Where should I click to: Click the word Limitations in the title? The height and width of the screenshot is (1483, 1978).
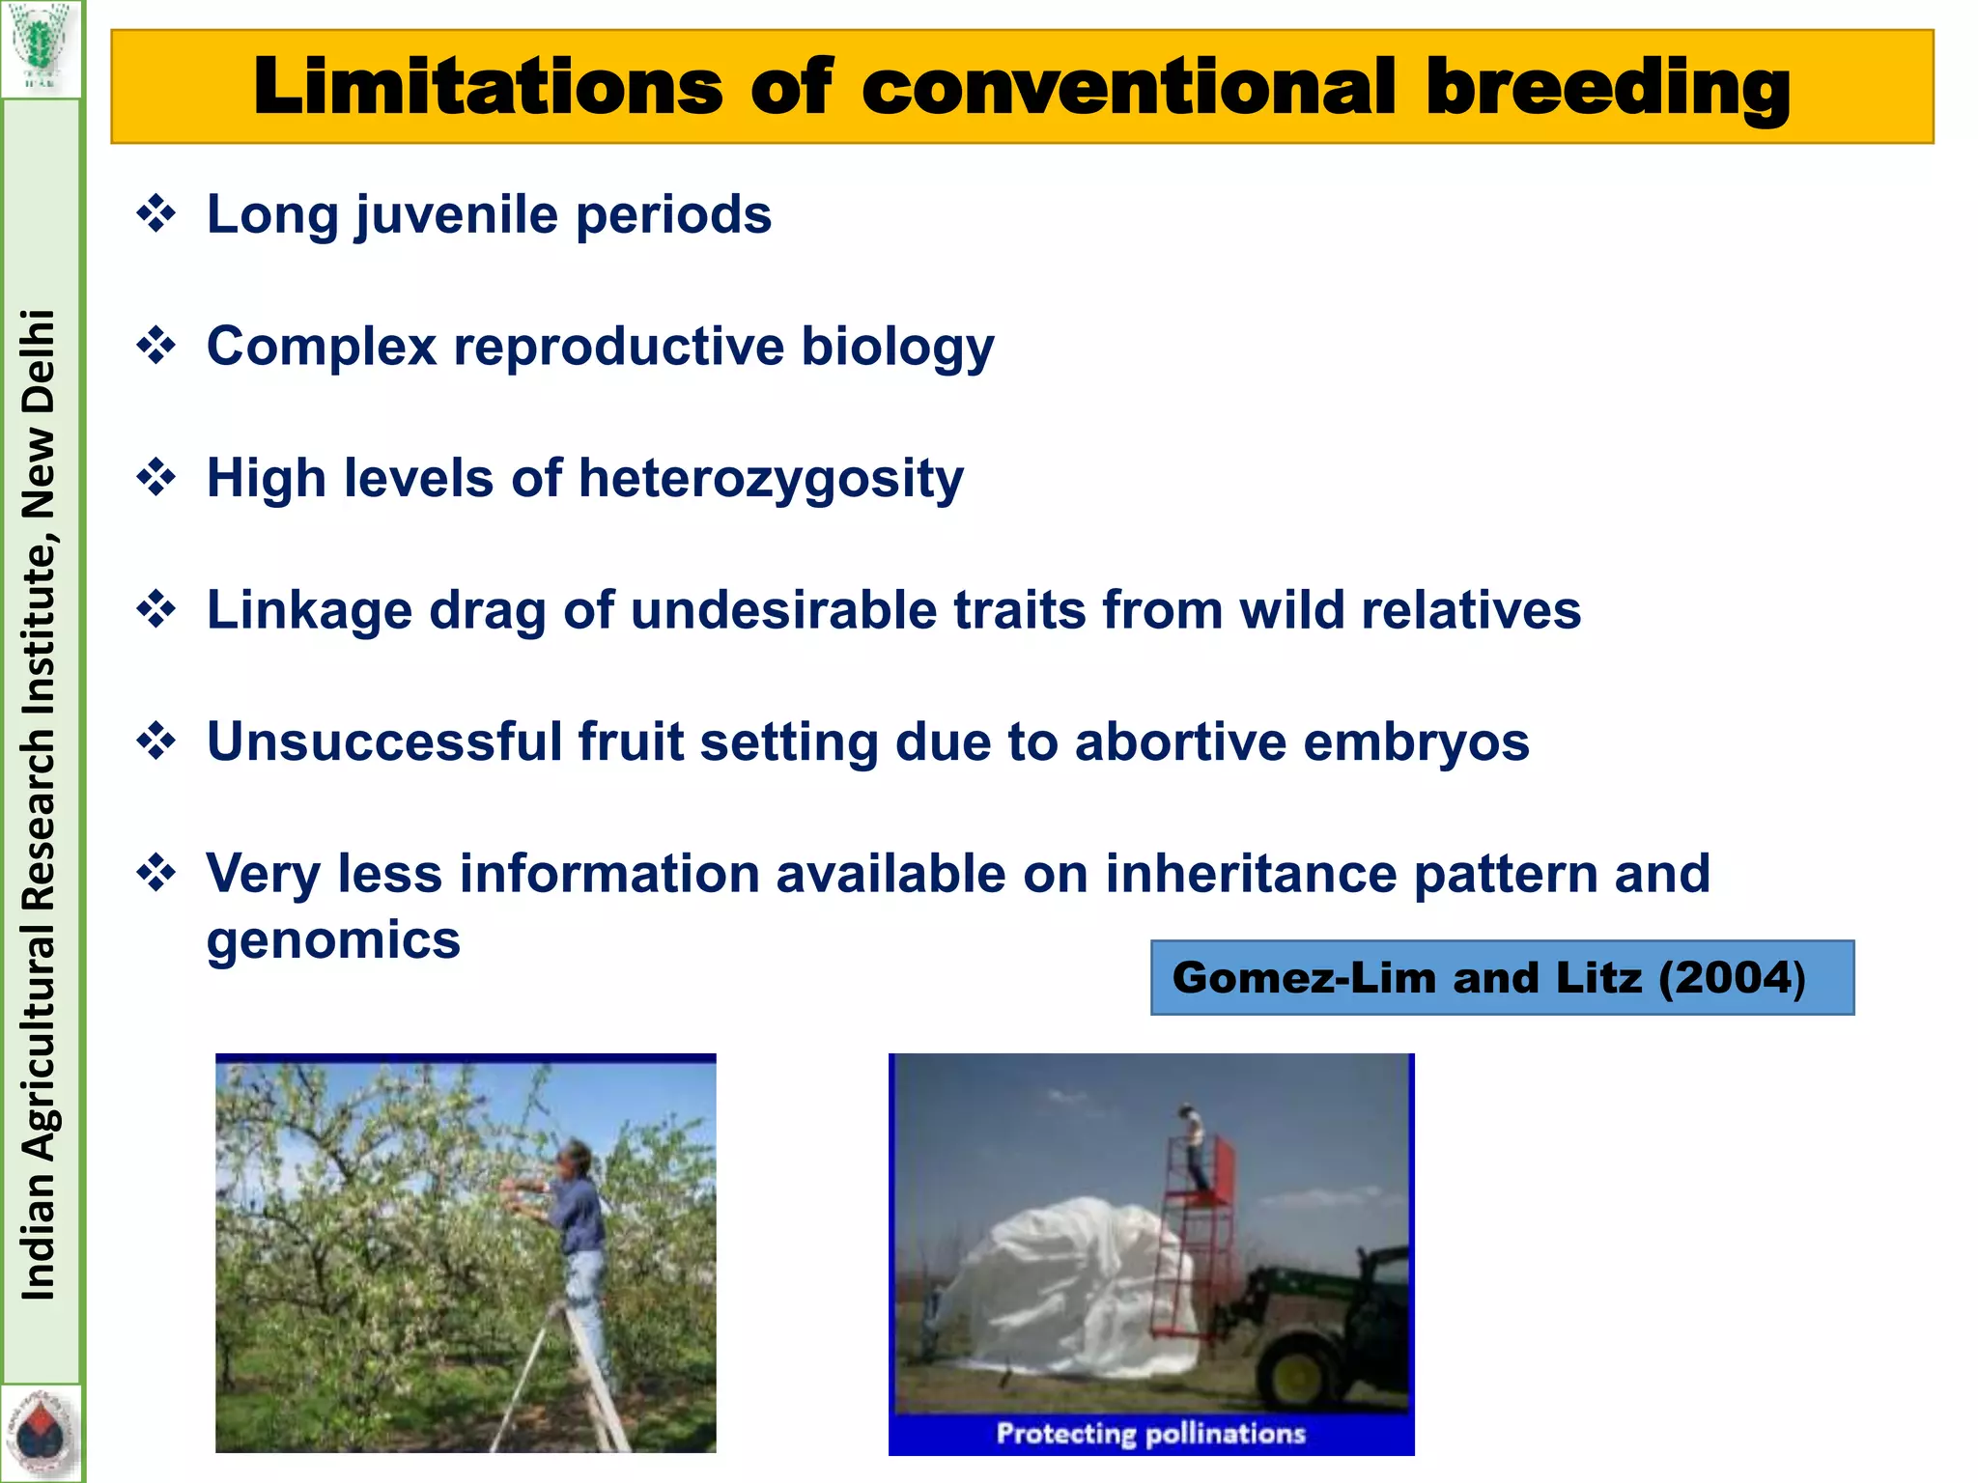488,87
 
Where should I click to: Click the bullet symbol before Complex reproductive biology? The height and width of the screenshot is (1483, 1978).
156,346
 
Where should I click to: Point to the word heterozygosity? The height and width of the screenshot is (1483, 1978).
770,479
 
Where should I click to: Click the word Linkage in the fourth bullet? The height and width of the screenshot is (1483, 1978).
308,611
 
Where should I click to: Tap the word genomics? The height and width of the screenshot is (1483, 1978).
333,939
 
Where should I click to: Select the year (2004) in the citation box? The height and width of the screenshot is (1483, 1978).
1731,977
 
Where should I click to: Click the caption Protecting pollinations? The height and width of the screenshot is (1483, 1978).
1150,1433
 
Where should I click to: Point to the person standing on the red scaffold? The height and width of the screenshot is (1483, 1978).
1196,1149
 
